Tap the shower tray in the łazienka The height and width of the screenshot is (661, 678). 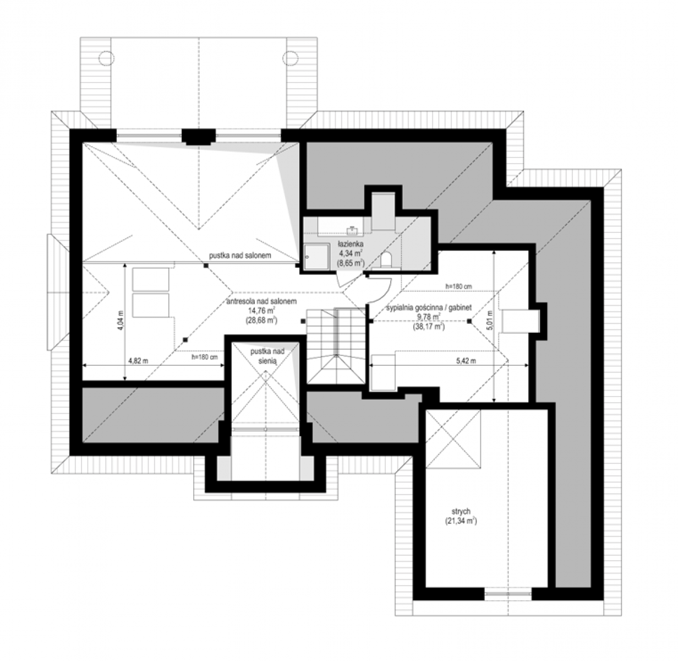click(x=316, y=257)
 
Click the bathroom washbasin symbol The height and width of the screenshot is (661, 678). click(x=353, y=230)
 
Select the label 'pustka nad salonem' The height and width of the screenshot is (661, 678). click(x=240, y=256)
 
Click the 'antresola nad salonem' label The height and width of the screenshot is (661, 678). click(x=261, y=301)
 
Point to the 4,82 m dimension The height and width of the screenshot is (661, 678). click(x=138, y=361)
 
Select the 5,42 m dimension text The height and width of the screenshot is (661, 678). click(x=466, y=361)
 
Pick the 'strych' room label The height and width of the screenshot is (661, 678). click(x=461, y=511)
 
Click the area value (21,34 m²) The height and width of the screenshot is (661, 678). click(x=461, y=521)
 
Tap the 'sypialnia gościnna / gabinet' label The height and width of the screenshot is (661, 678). click(x=429, y=308)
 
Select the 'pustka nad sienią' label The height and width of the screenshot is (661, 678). click(x=267, y=356)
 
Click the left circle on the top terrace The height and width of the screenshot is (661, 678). click(x=106, y=58)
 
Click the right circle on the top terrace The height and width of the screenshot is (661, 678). click(x=290, y=58)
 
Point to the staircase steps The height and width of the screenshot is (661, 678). click(x=336, y=346)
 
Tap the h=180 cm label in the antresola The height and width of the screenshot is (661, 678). click(x=205, y=357)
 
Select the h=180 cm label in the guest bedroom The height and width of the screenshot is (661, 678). click(x=458, y=286)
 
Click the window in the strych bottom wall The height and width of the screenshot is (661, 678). click(x=508, y=593)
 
